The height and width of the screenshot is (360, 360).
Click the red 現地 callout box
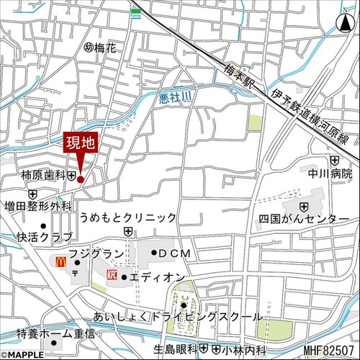[x=81, y=143]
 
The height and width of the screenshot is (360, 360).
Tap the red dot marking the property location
[x=81, y=179]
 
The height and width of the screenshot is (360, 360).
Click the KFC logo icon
[x=112, y=276]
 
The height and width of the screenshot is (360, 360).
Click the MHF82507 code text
[x=329, y=351]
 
